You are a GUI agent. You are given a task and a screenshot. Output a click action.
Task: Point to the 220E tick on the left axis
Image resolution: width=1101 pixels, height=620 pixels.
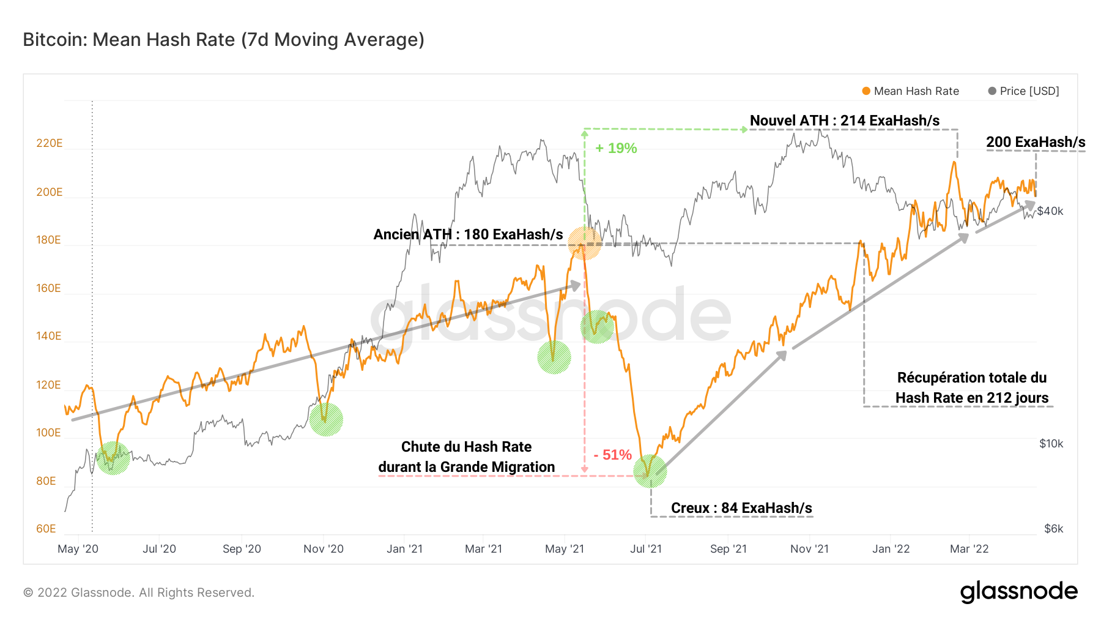[49, 143]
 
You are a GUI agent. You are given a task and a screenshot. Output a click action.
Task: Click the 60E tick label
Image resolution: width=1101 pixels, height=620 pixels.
[46, 529]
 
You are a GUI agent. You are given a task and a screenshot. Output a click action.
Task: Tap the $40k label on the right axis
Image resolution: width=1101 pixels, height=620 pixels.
[1050, 211]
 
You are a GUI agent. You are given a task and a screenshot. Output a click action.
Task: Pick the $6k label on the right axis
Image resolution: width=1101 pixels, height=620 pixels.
[1053, 529]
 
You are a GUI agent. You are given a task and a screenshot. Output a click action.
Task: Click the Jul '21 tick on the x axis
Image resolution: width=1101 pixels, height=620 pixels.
[646, 549]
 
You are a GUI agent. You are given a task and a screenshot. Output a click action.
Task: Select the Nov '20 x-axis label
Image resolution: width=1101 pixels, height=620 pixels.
[324, 549]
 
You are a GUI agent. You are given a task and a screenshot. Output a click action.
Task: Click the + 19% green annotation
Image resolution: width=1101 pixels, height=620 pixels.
[616, 148]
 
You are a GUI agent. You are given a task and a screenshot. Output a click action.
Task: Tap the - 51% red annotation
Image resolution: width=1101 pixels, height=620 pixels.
[612, 455]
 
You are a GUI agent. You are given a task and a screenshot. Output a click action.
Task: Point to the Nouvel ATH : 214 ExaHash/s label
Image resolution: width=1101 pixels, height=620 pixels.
[844, 121]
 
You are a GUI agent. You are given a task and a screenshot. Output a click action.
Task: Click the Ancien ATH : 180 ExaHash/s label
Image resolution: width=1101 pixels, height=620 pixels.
[468, 234]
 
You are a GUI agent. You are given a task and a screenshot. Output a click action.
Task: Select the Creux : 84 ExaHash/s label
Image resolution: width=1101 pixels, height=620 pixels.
[741, 508]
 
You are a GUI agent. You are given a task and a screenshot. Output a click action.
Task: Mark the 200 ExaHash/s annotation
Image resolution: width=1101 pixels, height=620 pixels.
[1036, 142]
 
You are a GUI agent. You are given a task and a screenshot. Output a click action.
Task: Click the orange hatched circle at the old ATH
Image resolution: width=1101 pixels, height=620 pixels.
[585, 243]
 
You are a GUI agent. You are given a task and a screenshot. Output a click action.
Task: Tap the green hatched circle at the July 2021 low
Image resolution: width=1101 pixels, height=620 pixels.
[650, 471]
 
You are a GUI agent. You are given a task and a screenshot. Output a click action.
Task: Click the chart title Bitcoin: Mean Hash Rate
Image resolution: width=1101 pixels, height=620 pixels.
[223, 40]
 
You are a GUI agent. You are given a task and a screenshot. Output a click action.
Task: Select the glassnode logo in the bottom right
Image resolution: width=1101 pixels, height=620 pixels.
[1018, 592]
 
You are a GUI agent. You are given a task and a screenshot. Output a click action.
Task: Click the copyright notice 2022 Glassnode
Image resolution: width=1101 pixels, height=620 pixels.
[139, 592]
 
